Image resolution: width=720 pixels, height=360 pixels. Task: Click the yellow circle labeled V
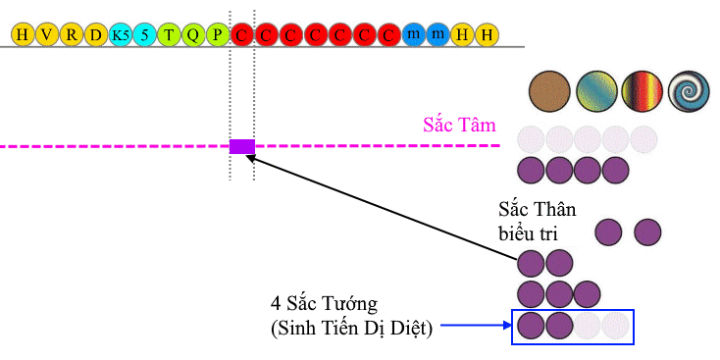point(47,35)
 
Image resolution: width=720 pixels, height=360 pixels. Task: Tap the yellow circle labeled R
point(72,35)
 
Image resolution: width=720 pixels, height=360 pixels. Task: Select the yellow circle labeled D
point(95,35)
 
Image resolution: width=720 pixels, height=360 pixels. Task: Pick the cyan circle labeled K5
point(121,35)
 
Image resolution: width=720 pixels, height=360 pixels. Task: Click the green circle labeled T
point(169,35)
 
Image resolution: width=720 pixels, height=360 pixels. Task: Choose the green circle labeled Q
point(193,35)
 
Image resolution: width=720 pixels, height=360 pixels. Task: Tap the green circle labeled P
point(218,35)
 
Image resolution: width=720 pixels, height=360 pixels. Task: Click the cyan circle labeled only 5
point(144,35)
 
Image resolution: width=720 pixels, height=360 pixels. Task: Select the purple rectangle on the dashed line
point(242,146)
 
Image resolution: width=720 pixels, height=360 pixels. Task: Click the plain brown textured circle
point(549,91)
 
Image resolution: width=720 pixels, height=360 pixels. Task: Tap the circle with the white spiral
point(689,91)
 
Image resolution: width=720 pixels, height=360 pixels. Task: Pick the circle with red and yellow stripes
point(643,91)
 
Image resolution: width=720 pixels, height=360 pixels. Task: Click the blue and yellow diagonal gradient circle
point(596,91)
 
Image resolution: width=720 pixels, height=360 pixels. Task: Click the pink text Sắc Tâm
point(460,124)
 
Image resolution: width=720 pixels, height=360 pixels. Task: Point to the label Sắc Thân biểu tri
point(538,222)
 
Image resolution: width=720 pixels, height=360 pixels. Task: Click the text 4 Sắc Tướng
point(324,304)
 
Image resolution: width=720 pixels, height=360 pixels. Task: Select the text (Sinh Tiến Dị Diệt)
point(351,330)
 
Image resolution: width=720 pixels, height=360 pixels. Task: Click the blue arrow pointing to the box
point(476,326)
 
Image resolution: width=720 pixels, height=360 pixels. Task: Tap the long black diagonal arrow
point(383,208)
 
